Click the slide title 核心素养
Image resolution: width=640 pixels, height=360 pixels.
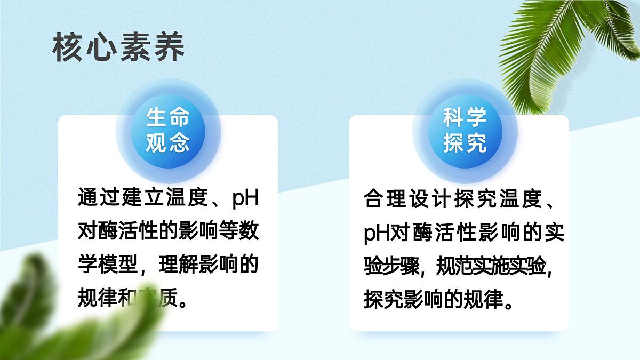tap(118, 47)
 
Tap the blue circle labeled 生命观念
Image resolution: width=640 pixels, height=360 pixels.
tap(169, 131)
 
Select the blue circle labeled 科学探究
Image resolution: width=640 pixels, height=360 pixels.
tap(465, 131)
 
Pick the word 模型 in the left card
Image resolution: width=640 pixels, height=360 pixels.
tap(118, 264)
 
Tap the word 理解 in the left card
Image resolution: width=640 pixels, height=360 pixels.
tap(177, 264)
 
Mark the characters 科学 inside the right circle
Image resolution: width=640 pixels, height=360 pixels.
tap(465, 118)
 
